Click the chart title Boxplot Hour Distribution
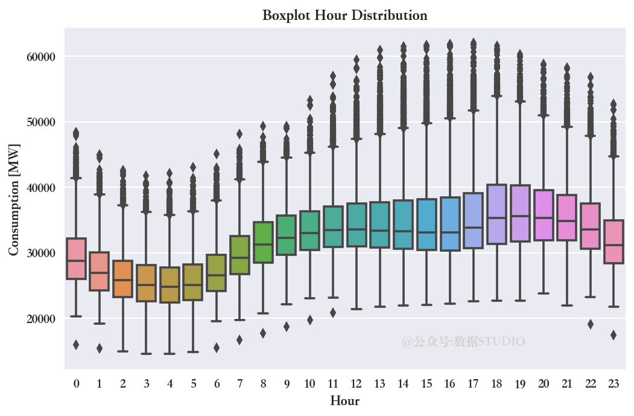[344, 15]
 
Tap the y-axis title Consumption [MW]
[14, 199]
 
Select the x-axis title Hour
[344, 401]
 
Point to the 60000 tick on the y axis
[41, 57]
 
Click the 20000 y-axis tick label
[41, 319]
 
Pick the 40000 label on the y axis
[41, 188]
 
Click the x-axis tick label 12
[356, 383]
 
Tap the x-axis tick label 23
[613, 383]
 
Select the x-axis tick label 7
[239, 383]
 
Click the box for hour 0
[76, 258]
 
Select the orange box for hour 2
[123, 279]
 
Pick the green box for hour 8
[263, 242]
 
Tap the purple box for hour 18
[496, 214]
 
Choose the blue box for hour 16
[449, 224]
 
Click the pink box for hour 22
[590, 226]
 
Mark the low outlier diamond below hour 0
[76, 345]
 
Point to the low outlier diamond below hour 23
[613, 335]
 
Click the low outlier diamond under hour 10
[309, 320]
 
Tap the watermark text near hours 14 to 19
[463, 342]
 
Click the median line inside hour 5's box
[193, 284]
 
